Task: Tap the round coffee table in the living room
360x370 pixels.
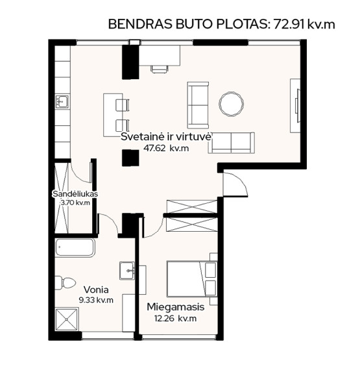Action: (231, 104)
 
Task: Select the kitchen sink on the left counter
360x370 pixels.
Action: (62, 102)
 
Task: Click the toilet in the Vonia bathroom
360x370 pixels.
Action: (65, 282)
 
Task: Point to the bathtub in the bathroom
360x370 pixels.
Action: (75, 247)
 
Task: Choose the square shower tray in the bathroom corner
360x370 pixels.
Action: (67, 319)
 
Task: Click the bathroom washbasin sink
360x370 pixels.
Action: (127, 271)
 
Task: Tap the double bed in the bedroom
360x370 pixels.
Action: (191, 278)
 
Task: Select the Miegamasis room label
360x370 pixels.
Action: (175, 307)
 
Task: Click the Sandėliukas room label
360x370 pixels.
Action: (75, 194)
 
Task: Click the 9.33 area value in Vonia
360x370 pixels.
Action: (87, 300)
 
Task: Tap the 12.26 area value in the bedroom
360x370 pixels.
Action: (164, 318)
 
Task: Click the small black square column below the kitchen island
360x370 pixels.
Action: (130, 158)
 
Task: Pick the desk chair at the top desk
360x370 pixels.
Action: (160, 69)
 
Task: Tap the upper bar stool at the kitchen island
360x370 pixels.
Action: (123, 105)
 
